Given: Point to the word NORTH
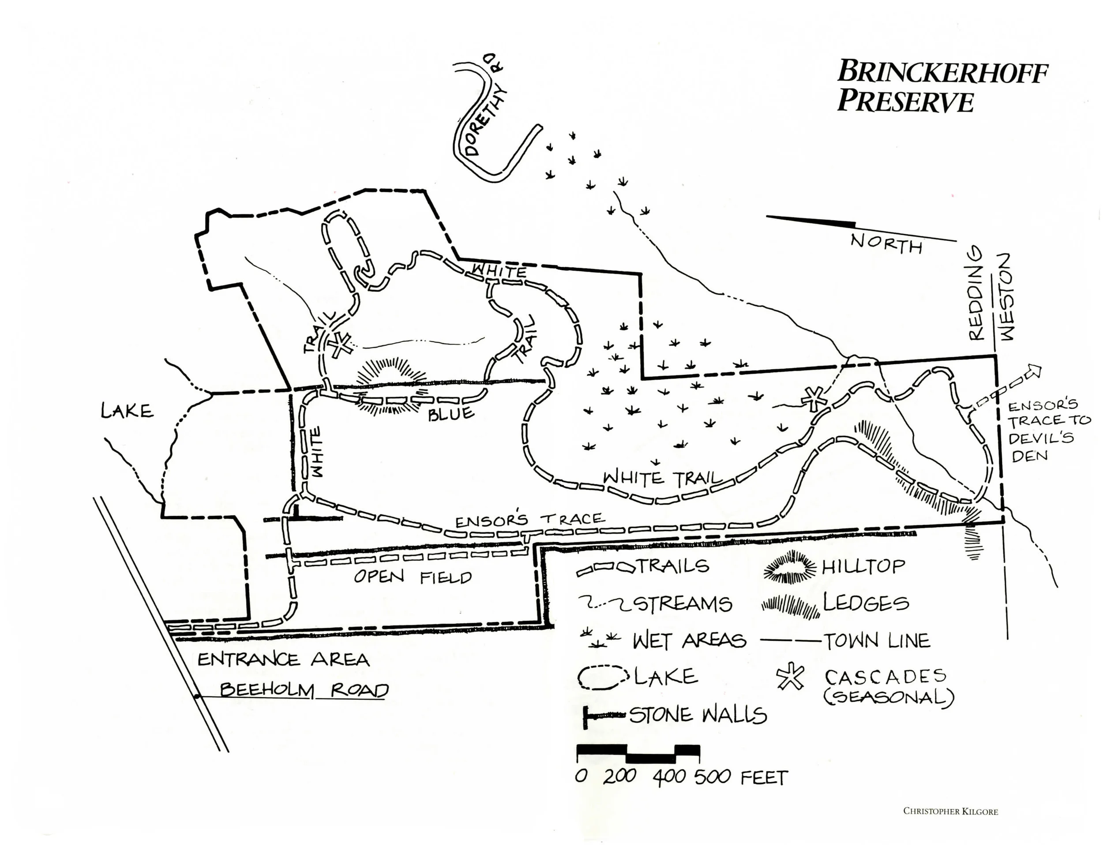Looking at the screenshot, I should coord(886,244).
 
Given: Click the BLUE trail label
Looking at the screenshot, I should coord(451,413).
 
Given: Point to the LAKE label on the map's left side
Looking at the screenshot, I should coord(127,411).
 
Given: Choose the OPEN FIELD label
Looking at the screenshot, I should coord(413,577).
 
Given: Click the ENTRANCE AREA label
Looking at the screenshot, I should coord(283,659).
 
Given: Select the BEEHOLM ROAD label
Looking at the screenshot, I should coord(304,690).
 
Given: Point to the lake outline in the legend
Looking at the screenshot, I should coord(602,677).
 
